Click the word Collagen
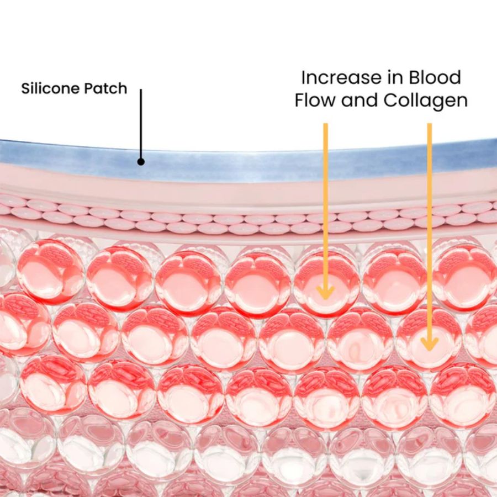click(x=425, y=101)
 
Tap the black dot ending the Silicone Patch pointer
click(x=141, y=162)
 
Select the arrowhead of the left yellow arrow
click(x=325, y=292)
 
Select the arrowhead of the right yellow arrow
click(x=429, y=343)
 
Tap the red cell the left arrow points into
click(x=326, y=282)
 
